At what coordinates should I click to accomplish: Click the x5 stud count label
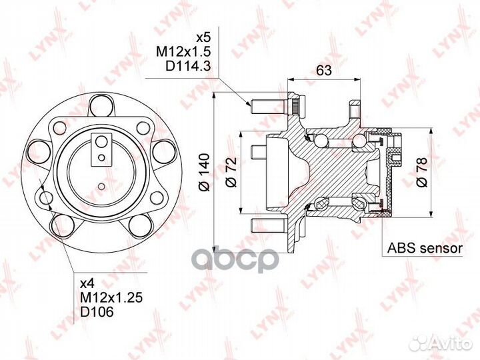203,38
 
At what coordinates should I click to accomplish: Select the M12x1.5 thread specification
184,52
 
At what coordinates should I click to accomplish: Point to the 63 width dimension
323,71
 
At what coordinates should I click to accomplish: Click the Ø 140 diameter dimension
204,173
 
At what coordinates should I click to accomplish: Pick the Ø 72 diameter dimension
231,172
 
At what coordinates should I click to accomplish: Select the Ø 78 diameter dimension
421,172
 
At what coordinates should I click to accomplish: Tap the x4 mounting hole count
86,284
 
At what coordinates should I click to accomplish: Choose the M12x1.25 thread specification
111,298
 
